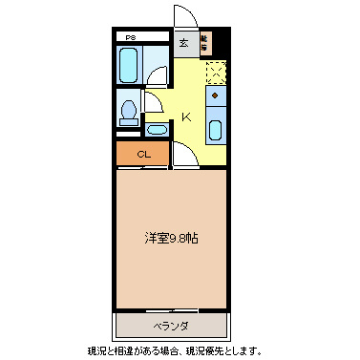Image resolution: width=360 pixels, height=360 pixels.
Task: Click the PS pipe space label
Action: pyautogui.click(x=129, y=38)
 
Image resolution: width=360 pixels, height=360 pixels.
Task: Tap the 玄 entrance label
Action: pyautogui.click(x=183, y=42)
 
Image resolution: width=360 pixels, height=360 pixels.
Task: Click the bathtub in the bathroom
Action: pyautogui.click(x=129, y=65)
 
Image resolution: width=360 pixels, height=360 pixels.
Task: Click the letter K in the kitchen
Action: pyautogui.click(x=187, y=117)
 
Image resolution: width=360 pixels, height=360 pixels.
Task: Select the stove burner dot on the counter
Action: pyautogui.click(x=216, y=96)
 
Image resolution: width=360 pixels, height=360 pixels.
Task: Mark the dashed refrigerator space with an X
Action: pyautogui.click(x=217, y=72)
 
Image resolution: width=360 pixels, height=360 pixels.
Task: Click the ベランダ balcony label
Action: pyautogui.click(x=173, y=326)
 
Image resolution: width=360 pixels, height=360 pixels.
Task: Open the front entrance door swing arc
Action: pyautogui.click(x=185, y=17)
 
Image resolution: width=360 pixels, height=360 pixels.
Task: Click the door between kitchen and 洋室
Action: pyautogui.click(x=183, y=155)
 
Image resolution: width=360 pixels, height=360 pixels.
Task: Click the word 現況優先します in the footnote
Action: pyautogui.click(x=223, y=350)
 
